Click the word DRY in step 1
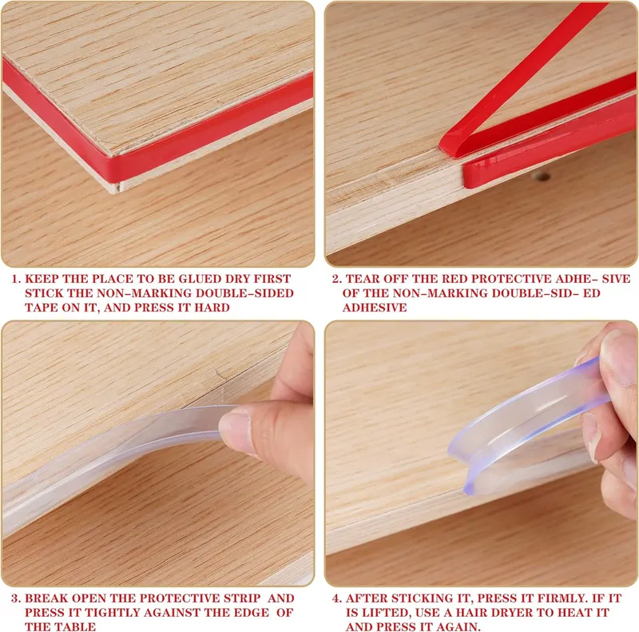coord(237,279)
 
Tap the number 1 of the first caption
coord(14,279)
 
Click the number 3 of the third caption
coord(14,598)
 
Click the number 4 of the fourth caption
coord(335,598)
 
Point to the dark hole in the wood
coord(542,177)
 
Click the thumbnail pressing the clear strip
coord(236,432)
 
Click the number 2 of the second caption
coord(335,279)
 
